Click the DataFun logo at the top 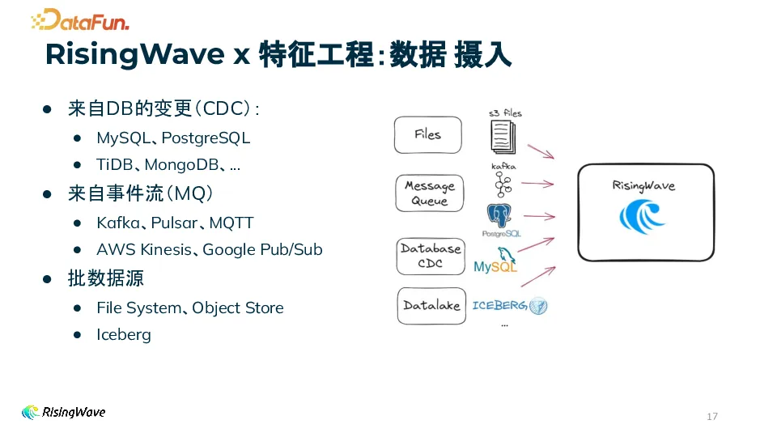pyautogui.click(x=79, y=19)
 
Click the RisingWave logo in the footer pyautogui.click(x=63, y=412)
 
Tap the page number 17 pyautogui.click(x=712, y=417)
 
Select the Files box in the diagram pyautogui.click(x=428, y=135)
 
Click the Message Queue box pyautogui.click(x=430, y=193)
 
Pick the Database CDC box pyautogui.click(x=431, y=256)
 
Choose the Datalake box pyautogui.click(x=431, y=306)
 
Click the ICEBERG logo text pyautogui.click(x=499, y=306)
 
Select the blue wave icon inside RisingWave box pyautogui.click(x=642, y=218)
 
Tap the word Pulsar pyautogui.click(x=174, y=223)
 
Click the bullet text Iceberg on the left pyautogui.click(x=124, y=334)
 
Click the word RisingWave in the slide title pyautogui.click(x=134, y=54)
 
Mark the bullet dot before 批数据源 pyautogui.click(x=48, y=278)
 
